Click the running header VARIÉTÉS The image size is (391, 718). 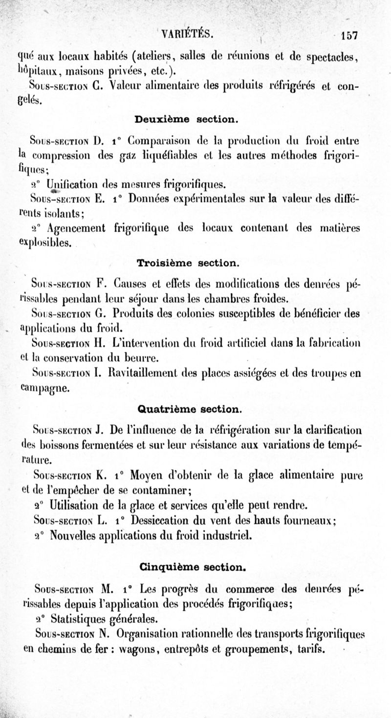190,33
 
